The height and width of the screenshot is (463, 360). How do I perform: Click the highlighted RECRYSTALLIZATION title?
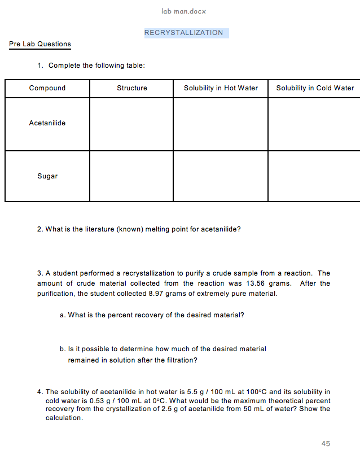point(184,33)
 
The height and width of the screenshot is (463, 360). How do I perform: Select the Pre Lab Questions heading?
point(40,44)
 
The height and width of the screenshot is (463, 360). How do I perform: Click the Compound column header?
point(47,88)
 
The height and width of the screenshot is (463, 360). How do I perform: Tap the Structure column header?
point(132,88)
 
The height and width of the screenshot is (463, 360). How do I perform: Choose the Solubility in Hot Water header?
point(221,88)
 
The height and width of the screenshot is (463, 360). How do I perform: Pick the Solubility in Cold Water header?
point(315,88)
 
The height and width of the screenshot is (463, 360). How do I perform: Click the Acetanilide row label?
point(47,123)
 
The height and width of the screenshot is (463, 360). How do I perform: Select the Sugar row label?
point(47,176)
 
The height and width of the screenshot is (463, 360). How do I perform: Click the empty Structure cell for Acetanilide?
point(131,124)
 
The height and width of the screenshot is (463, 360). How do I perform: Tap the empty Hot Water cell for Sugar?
point(221,176)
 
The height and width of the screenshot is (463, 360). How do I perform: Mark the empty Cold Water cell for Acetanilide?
point(314,124)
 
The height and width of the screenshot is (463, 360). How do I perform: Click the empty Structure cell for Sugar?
point(131,176)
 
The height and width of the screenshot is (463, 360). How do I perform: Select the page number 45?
point(326,444)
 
